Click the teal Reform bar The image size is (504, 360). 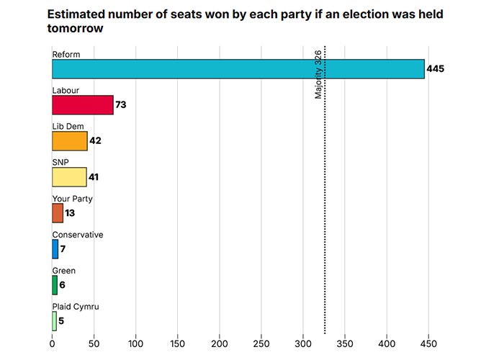click(x=238, y=69)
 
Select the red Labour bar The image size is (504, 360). click(x=83, y=105)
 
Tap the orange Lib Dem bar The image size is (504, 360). click(x=70, y=141)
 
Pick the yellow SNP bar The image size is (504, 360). click(x=69, y=177)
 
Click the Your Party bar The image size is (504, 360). click(x=58, y=213)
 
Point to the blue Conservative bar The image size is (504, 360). click(x=55, y=249)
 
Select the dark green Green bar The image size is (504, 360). click(x=55, y=285)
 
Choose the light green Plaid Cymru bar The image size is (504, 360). click(x=55, y=321)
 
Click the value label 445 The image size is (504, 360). click(x=436, y=69)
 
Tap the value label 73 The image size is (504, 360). click(x=121, y=105)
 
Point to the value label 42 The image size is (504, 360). click(x=95, y=141)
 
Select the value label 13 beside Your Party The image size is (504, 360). click(x=70, y=213)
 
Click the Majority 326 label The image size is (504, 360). click(x=318, y=74)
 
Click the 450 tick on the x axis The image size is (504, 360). click(x=429, y=345)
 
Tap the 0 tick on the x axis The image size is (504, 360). click(x=52, y=345)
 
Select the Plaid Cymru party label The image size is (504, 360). click(x=76, y=307)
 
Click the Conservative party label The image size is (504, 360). click(x=78, y=235)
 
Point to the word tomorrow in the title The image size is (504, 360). click(x=76, y=29)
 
